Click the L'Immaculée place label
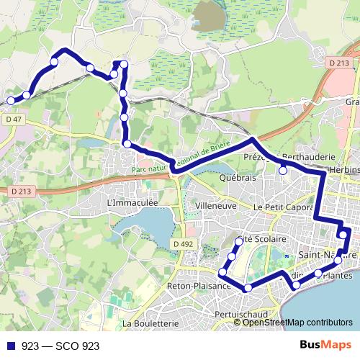click(132, 204)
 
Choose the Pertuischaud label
click(241, 315)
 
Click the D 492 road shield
click(184, 244)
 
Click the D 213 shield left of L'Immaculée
click(22, 191)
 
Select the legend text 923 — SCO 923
click(60, 346)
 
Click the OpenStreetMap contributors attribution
click(297, 322)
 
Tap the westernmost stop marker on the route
click(10, 100)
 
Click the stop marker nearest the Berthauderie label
click(284, 170)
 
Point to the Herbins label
click(344, 168)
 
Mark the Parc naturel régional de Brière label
click(180, 161)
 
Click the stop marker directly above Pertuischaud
click(248, 288)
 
